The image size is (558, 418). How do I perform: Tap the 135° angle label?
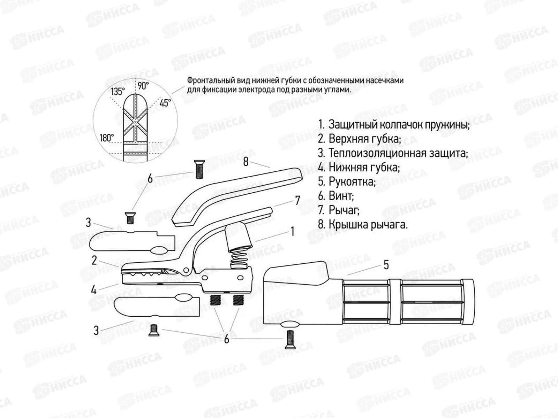point(118,92)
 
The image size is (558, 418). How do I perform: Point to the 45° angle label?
point(165,103)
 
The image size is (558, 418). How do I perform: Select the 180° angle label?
point(107,138)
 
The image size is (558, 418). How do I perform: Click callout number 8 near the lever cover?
point(246,162)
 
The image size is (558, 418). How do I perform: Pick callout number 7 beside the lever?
point(298,200)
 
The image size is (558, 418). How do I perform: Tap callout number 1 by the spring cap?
point(293,231)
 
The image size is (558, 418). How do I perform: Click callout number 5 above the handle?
point(386,265)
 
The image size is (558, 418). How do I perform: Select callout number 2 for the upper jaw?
point(94,261)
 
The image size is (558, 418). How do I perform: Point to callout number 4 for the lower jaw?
point(94,289)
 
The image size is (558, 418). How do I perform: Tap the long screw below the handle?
point(290,340)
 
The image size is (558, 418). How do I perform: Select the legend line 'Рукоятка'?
point(347,181)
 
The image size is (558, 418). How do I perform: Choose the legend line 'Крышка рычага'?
point(363,224)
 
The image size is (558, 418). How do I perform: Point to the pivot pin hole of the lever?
point(186,269)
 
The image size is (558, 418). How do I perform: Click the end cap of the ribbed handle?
point(468,302)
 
